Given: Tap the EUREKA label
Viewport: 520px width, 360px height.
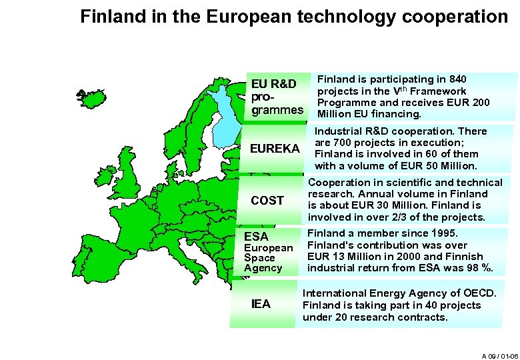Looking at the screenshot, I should (274, 148).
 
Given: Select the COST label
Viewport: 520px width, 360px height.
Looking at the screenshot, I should (267, 200).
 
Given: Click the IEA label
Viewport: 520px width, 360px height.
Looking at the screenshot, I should (261, 304).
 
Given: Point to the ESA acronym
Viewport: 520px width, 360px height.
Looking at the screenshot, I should (256, 237).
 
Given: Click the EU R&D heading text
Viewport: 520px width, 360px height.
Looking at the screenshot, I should (273, 84).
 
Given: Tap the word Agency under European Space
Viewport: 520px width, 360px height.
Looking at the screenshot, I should (263, 268).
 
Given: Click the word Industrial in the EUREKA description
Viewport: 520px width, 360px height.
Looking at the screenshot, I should (339, 131).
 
